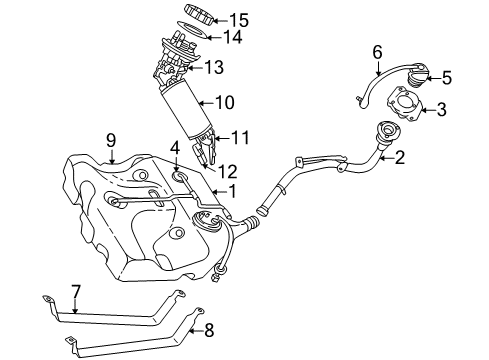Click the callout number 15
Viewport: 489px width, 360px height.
click(237, 19)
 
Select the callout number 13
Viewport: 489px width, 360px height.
click(213, 68)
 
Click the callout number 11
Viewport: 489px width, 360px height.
click(240, 137)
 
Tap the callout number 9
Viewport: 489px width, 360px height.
click(112, 142)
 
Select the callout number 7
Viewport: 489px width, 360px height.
click(76, 291)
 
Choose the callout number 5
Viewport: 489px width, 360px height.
click(447, 76)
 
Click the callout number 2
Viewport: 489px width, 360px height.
click(399, 156)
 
